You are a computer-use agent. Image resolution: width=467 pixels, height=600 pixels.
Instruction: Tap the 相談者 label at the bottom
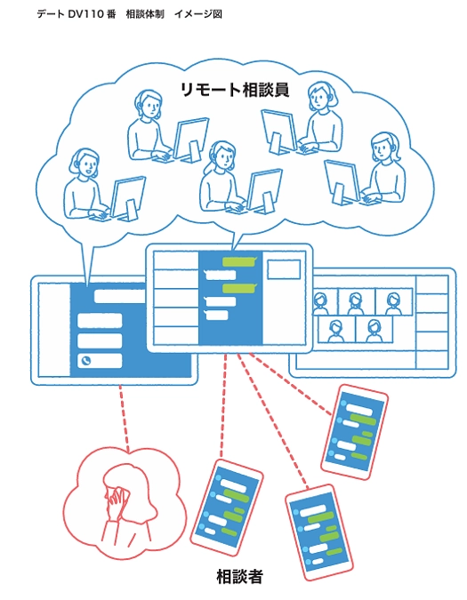click(x=239, y=576)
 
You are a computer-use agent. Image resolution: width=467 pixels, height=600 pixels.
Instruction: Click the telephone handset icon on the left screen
click(x=86, y=361)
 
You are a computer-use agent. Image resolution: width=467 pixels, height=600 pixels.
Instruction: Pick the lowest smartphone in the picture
click(x=318, y=532)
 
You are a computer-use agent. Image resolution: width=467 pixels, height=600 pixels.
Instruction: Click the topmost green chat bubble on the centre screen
click(x=238, y=262)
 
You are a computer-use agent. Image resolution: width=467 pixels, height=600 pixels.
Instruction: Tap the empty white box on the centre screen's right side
click(x=284, y=268)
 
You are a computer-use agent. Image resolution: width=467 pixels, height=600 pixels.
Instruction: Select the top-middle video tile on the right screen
click(x=355, y=302)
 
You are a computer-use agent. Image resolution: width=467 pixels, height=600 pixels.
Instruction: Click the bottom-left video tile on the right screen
click(x=335, y=330)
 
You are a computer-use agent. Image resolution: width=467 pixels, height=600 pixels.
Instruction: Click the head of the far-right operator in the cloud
click(x=384, y=145)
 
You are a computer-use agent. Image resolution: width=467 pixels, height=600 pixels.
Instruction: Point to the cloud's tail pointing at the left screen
click(x=86, y=262)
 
